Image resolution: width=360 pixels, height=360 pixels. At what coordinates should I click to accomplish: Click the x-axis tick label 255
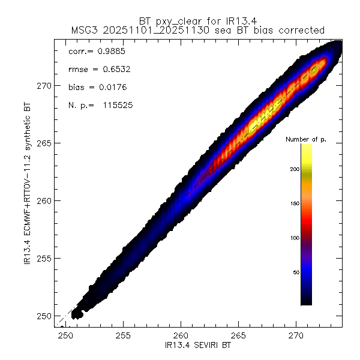point(124,337)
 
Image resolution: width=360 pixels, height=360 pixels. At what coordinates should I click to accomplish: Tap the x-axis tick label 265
point(239,337)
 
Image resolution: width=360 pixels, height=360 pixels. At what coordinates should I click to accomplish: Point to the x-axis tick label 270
point(297,337)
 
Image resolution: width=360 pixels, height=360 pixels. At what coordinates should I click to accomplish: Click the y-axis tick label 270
point(45,85)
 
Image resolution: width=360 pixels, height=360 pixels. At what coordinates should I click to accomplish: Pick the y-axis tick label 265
point(45,143)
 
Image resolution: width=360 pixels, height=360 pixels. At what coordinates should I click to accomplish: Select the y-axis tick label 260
point(45,201)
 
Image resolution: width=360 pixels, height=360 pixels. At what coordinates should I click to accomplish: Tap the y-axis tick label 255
point(45,259)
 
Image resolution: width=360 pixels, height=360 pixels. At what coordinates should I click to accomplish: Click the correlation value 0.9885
point(111,52)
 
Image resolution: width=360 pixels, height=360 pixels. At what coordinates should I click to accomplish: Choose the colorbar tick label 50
point(295,273)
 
